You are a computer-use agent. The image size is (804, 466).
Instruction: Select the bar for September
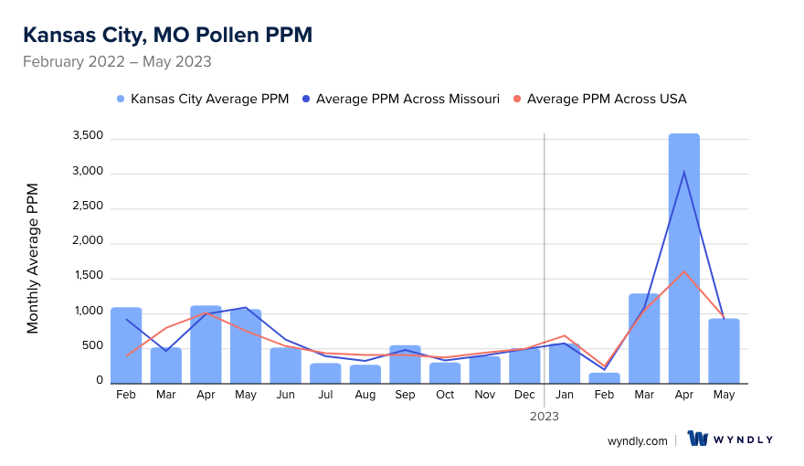tap(405, 365)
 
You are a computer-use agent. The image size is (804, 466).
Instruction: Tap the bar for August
tap(365, 375)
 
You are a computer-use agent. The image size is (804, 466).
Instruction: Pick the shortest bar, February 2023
tap(604, 378)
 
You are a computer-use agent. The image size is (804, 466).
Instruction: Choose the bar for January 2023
tap(564, 364)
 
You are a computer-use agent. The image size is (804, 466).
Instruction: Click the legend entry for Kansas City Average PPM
tap(203, 99)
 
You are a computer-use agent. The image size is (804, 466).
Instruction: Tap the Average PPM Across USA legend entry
tap(599, 99)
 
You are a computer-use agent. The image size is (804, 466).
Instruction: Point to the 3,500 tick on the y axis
tap(89, 137)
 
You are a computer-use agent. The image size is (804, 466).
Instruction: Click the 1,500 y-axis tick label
tap(89, 278)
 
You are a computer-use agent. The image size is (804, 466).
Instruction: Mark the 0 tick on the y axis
tap(99, 382)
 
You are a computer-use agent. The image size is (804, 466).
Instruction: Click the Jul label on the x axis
tap(325, 395)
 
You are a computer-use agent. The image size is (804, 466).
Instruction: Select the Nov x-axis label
tap(484, 395)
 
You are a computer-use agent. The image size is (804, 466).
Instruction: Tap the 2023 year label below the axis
tap(544, 416)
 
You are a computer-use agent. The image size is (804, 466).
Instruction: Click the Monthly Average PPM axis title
tap(33, 259)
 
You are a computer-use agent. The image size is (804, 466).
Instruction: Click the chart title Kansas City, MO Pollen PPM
tap(167, 35)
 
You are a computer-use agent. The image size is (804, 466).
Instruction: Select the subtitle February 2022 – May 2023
tap(117, 62)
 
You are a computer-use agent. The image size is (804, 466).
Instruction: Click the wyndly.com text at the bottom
tap(637, 440)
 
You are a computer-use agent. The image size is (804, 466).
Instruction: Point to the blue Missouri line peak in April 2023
tap(683, 172)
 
